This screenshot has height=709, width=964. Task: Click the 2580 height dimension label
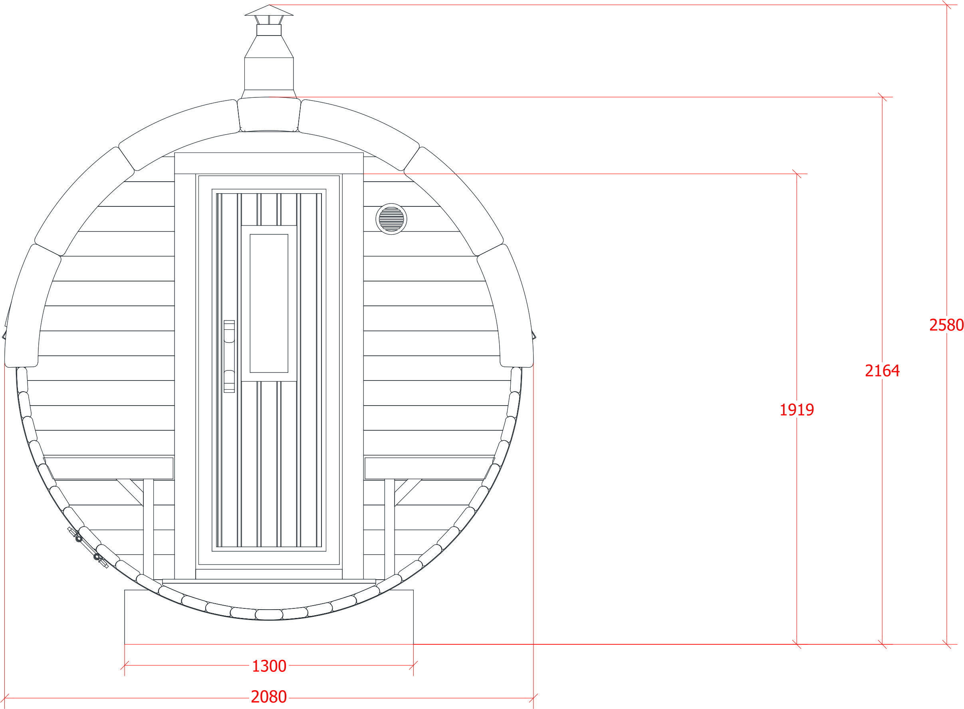coord(946,325)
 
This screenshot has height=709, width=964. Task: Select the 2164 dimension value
coord(882,370)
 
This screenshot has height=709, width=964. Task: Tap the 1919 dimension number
coord(797,410)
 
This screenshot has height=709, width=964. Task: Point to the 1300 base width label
coord(269,666)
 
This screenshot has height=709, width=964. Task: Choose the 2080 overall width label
coord(269,697)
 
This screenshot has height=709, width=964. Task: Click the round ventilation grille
coord(391,219)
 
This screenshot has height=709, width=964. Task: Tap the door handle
coord(229,356)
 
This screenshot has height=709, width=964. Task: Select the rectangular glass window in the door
coord(269,303)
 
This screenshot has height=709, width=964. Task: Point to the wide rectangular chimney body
coord(269,73)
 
